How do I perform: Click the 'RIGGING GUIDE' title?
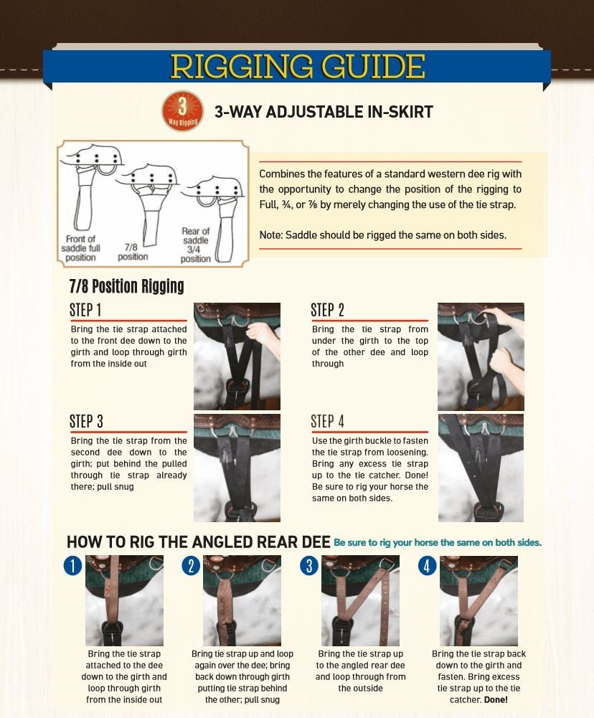coord(298,67)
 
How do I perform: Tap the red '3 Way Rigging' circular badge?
coord(182,110)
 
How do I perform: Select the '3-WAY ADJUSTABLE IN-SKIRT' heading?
coord(324,112)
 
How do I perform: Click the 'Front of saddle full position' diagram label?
coord(80,248)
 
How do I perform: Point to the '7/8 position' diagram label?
coord(132,252)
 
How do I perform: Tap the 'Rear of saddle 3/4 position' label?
coord(196,245)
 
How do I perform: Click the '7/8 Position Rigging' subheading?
coord(126,286)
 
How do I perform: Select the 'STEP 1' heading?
coord(85,310)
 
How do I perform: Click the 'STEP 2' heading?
coord(327,310)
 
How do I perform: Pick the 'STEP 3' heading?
coord(86,421)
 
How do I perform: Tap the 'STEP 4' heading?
coord(327,421)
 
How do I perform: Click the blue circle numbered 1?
coord(72,566)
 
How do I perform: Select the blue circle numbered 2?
coord(191,566)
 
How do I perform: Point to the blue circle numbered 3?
coord(309,566)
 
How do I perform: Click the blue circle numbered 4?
coord(427,566)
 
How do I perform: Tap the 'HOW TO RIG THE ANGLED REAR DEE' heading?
coord(198,542)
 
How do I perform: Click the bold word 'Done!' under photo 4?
coord(496,699)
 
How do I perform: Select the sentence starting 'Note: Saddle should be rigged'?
coord(383,235)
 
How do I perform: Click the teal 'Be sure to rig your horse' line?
coord(438,542)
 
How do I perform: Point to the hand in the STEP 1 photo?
coord(263,335)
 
